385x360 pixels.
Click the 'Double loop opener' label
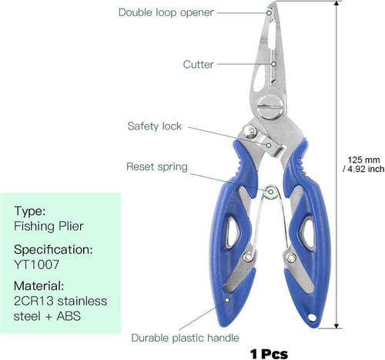click(x=166, y=12)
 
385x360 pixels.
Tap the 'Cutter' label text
click(x=198, y=65)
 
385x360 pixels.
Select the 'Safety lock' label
click(x=154, y=126)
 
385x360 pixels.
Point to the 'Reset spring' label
click(x=157, y=167)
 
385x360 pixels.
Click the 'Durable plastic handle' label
click(x=185, y=338)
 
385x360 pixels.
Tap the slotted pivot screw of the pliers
click(x=270, y=106)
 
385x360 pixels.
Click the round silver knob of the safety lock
click(x=249, y=132)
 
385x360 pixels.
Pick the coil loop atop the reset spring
click(x=270, y=192)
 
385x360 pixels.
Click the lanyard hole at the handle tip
click(x=312, y=318)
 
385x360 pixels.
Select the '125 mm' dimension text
click(x=363, y=160)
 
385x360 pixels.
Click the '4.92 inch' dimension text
click(x=366, y=169)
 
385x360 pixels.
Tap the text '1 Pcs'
click(x=269, y=354)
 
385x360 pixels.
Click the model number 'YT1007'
click(x=36, y=264)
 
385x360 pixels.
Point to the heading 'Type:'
click(x=29, y=211)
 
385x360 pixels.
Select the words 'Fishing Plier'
click(x=49, y=226)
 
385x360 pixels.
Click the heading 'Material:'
click(x=38, y=286)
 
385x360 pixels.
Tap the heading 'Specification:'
click(x=53, y=250)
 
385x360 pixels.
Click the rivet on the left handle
click(x=247, y=257)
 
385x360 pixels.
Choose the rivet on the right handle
click(x=291, y=257)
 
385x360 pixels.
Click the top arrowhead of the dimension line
click(x=336, y=3)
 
